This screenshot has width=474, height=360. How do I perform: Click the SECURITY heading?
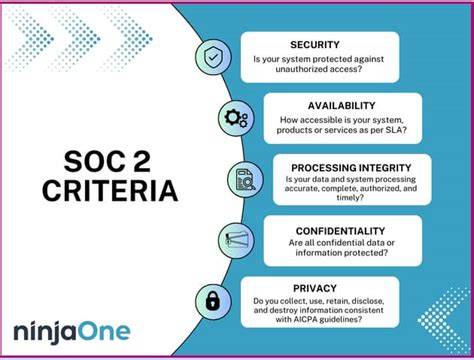[315, 45]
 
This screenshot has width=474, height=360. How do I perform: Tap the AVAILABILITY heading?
[342, 106]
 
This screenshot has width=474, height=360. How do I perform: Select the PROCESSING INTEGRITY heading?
[351, 168]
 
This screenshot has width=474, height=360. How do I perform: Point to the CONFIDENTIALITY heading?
[340, 231]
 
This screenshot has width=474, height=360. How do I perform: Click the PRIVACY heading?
[315, 288]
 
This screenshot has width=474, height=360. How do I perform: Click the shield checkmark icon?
[213, 56]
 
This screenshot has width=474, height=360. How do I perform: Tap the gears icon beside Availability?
[236, 118]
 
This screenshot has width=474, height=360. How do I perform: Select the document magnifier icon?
[245, 180]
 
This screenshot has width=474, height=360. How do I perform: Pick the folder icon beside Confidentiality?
[236, 240]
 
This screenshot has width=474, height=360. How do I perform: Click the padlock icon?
[213, 301]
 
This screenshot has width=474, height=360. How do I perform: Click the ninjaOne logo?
[72, 332]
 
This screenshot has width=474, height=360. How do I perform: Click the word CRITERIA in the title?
[110, 191]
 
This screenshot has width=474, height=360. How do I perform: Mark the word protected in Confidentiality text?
[362, 253]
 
